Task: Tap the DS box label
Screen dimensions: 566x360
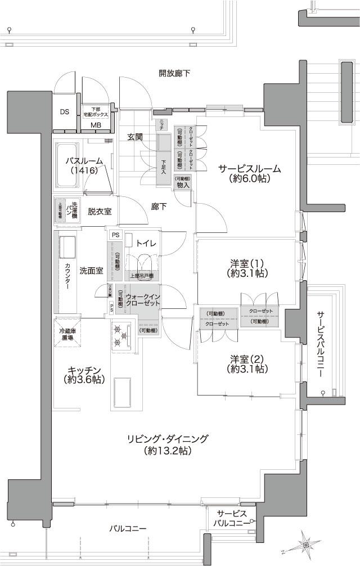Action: pos(65,111)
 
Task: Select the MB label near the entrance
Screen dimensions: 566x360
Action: pos(96,124)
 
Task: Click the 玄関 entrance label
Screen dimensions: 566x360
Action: pos(134,137)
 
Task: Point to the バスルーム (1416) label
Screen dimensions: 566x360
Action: pos(84,165)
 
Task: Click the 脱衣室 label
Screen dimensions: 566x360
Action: pos(99,212)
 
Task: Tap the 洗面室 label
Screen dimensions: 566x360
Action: pos(91,271)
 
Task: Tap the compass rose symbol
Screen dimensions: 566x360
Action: pos(305,544)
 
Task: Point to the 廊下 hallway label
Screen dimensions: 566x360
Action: pos(159,206)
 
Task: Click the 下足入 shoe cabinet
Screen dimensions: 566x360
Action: pos(163,167)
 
